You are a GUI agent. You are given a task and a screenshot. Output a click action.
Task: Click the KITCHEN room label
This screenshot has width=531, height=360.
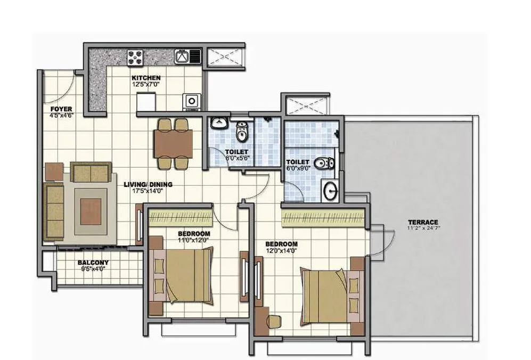tap(146, 78)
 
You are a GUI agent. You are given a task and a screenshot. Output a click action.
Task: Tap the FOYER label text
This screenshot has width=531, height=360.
tap(61, 109)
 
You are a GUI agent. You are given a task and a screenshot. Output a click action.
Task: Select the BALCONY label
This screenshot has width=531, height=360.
tap(93, 263)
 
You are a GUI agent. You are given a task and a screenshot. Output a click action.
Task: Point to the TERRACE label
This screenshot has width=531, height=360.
tap(423, 222)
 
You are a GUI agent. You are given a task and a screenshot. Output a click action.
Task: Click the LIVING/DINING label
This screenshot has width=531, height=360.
tap(148, 185)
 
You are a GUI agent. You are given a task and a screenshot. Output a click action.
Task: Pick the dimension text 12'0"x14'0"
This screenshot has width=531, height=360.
tap(281, 251)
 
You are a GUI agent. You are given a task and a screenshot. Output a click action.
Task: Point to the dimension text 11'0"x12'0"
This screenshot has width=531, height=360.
tap(193, 240)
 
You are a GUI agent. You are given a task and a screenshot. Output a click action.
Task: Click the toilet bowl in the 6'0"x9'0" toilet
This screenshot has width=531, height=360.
tap(322, 163)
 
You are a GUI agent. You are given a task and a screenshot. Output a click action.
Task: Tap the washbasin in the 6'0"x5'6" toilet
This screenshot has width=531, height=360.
tap(218, 124)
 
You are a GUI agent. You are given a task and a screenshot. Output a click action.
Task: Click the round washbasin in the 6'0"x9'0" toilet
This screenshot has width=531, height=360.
tap(329, 190)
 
